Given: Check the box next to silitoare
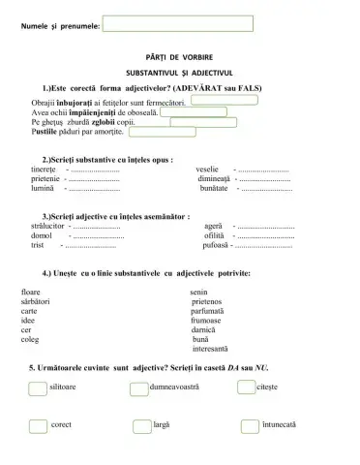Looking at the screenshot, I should [x=37, y=388].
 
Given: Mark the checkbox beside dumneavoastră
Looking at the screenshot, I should [x=139, y=388].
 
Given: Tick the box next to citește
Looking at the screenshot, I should [x=246, y=387].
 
